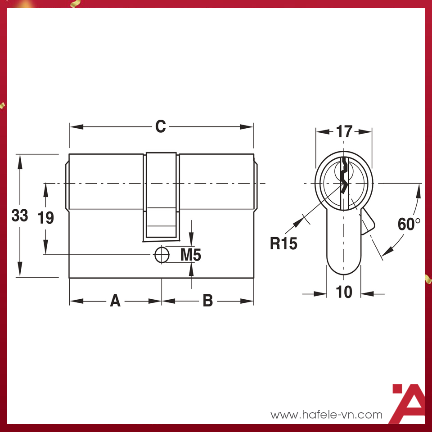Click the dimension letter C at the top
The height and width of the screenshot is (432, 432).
point(161,127)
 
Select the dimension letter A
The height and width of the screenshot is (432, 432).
point(116,301)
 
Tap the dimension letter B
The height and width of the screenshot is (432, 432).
point(207,301)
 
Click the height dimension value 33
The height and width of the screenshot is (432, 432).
point(19,216)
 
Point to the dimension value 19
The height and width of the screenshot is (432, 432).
point(45,218)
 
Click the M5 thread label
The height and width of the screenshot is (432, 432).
point(190,255)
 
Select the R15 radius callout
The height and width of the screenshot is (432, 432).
point(283,243)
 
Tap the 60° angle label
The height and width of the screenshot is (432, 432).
point(409,224)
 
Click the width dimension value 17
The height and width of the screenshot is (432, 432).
point(344,132)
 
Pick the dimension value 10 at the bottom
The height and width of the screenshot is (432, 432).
point(344,292)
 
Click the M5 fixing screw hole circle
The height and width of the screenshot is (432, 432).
point(161,255)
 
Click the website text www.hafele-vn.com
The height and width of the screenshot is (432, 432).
point(326,414)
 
